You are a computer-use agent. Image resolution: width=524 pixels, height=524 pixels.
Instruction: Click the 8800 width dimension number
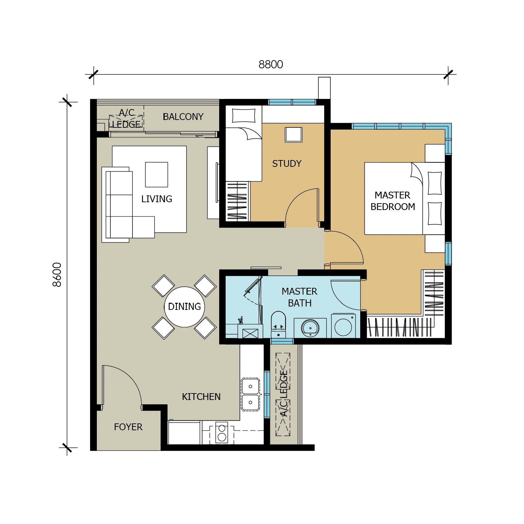(270, 64)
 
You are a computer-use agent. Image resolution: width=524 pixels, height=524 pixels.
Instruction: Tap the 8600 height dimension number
(57, 275)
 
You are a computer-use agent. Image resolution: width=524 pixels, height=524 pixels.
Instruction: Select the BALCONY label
(183, 117)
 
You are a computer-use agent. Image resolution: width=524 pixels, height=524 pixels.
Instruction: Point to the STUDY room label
(287, 163)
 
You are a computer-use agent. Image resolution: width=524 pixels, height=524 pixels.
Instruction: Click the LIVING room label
(157, 199)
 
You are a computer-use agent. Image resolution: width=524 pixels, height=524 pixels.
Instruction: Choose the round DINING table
(185, 307)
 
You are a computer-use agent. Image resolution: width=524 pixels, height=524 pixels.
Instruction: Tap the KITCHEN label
(201, 397)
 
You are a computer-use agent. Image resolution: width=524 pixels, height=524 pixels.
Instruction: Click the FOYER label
(128, 427)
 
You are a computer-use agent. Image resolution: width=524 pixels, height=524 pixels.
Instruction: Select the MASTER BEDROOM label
(392, 201)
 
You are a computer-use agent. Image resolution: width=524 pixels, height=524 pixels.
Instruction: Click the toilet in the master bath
(278, 324)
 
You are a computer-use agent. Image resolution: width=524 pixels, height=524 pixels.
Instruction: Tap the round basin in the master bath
(310, 328)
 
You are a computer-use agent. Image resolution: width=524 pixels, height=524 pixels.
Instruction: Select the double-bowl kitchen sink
(250, 394)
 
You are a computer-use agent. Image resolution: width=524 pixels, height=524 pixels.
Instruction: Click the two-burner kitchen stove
(222, 433)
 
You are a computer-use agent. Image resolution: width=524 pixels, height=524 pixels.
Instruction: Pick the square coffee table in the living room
(156, 175)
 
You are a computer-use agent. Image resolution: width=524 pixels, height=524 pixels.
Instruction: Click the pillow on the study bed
(244, 116)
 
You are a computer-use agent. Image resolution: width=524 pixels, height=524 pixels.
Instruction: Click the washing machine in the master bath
(343, 326)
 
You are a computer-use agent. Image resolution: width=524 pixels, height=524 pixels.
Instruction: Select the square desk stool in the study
(294, 135)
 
